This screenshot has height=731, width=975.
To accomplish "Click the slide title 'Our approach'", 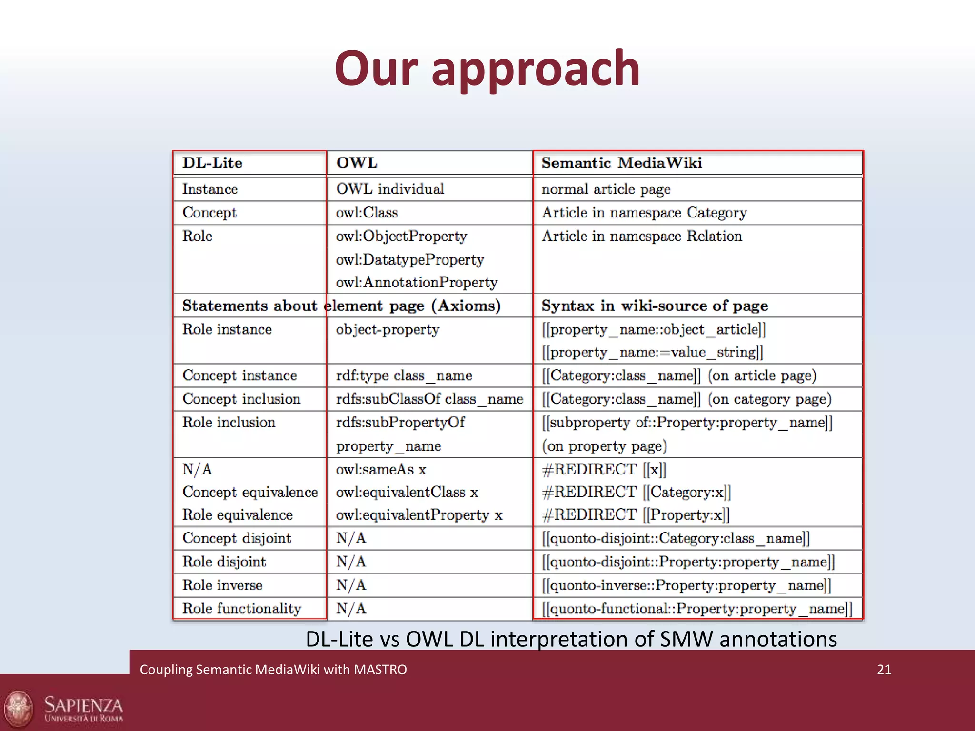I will tap(487, 69).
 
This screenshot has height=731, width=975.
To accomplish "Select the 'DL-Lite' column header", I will tap(212, 163).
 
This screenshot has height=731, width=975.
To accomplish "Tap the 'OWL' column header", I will tap(357, 163).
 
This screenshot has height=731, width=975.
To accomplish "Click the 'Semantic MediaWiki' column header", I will tap(621, 163).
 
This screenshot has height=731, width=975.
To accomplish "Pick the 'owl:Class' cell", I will tap(367, 212).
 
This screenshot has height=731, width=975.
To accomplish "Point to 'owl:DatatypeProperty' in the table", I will tap(410, 259).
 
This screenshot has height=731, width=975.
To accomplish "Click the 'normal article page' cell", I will tap(606, 189).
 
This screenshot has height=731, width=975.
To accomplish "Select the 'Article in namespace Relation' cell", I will tap(642, 236).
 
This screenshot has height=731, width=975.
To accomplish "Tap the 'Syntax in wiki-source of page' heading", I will tap(655, 306).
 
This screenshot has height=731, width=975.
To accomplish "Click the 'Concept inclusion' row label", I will tap(241, 399).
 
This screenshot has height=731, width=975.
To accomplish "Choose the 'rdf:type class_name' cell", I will tap(404, 375).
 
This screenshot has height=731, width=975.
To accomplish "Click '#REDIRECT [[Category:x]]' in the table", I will tap(636, 492).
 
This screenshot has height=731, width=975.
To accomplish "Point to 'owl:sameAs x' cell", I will tap(381, 469).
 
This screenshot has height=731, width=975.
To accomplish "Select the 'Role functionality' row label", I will tap(242, 608).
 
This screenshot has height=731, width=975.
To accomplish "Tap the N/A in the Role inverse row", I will tap(351, 585).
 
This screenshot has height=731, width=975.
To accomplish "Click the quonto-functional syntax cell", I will tap(696, 608).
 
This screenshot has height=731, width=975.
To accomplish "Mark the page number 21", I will tap(884, 670).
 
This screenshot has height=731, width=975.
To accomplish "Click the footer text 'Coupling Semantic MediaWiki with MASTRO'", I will tap(273, 670).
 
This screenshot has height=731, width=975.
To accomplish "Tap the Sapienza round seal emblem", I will tap(18, 709).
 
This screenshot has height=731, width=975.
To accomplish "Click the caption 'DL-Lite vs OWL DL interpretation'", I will tap(571, 639).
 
